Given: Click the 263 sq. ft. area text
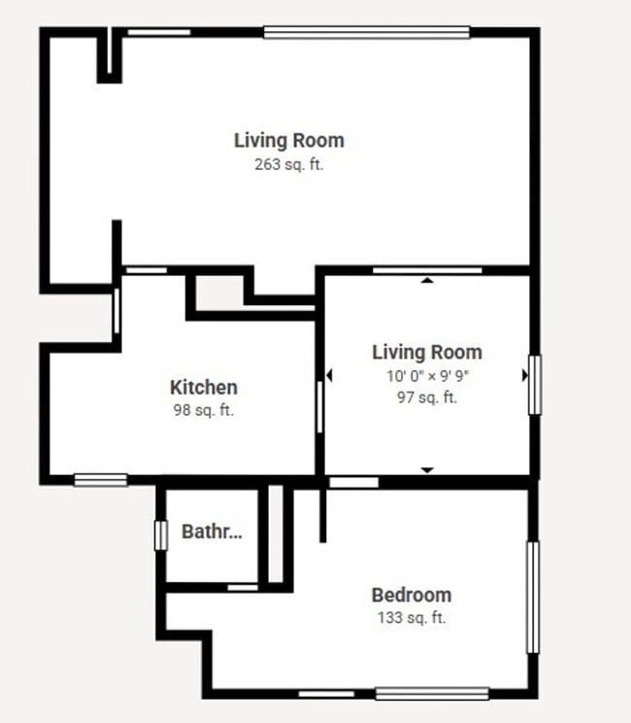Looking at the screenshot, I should coord(288,164).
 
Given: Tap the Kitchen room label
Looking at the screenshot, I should coord(203,388).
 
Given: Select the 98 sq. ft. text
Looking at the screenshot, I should coord(203,410).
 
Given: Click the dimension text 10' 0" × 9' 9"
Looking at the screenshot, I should coord(427,375).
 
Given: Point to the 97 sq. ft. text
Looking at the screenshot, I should coord(427,396).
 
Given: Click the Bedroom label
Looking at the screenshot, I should coord(411,595).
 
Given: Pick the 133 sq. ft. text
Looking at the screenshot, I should coord(411,617).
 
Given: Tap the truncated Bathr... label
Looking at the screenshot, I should coord(212,532).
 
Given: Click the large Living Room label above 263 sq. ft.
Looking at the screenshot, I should coord(288,140).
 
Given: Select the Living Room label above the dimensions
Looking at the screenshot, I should coord(427,352).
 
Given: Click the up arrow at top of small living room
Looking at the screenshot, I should coord(426,281).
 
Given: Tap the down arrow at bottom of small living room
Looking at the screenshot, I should coord(426,469).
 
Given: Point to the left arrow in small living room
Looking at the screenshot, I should coord(329,375).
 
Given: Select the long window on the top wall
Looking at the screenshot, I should coord(366,32).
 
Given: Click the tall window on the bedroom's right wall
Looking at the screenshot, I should coord(532,597).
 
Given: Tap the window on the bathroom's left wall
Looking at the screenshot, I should coord(161,535).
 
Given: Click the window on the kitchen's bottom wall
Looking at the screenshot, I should coord(101,479).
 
